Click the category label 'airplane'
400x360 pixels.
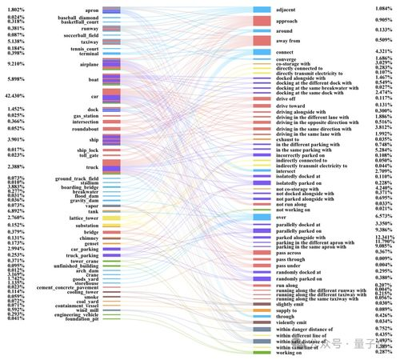[x=89, y=63]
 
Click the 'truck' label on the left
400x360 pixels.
[x=92, y=166]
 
